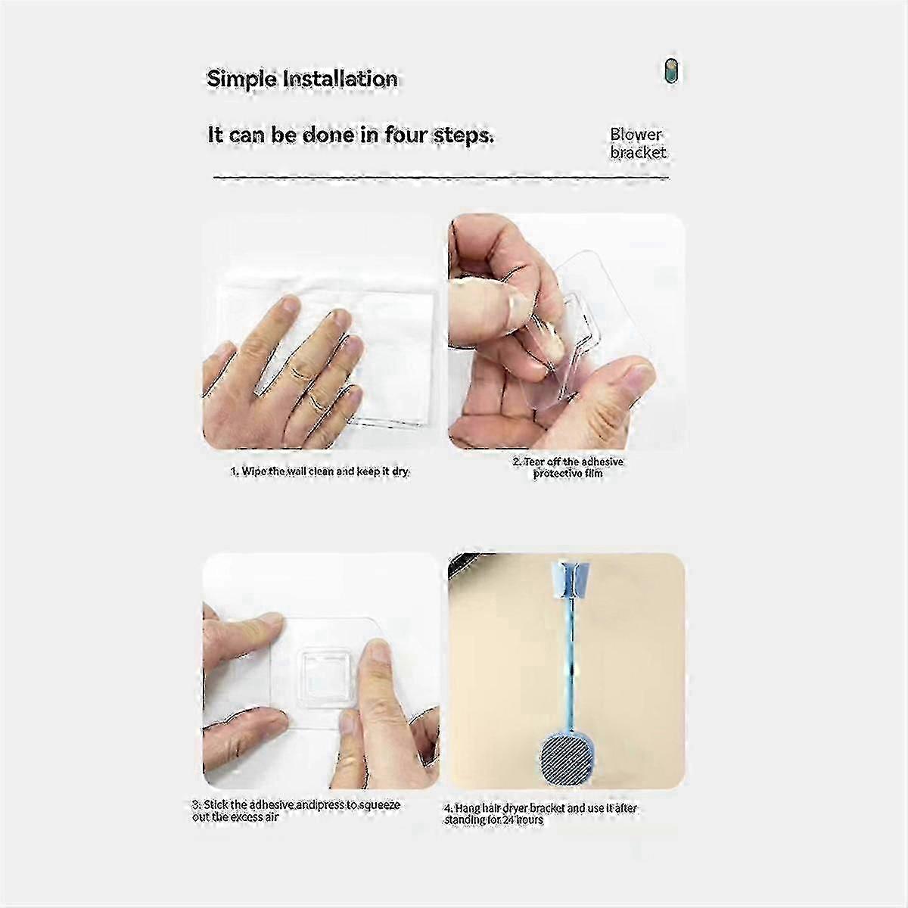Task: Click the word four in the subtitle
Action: pyautogui.click(x=405, y=135)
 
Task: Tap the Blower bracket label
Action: pyautogui.click(x=638, y=143)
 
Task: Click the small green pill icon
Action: pyautogui.click(x=671, y=71)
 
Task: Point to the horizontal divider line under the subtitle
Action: pyautogui.click(x=441, y=178)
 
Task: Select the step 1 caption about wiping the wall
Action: pyautogui.click(x=320, y=471)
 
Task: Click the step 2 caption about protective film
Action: pyautogui.click(x=568, y=468)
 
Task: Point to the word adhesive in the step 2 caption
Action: pyautogui.click(x=602, y=462)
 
